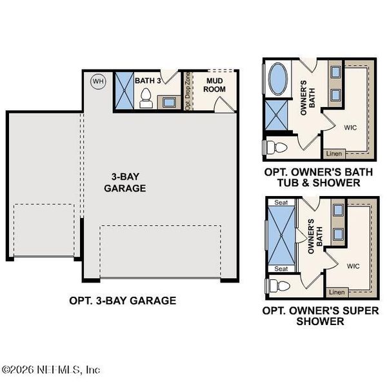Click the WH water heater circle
pos(98,81)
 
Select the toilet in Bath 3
pos(146,99)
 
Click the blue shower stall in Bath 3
pos(123,90)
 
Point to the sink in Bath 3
pos(170,102)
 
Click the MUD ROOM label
pos(215,84)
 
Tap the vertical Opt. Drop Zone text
pos(188,91)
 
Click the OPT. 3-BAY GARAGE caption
pos(123,301)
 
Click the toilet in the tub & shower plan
pos(275,147)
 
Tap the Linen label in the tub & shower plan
pos(334,154)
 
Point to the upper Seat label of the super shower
pos(281,202)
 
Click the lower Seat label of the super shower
pos(281,268)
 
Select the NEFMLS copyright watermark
pos(52,370)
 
